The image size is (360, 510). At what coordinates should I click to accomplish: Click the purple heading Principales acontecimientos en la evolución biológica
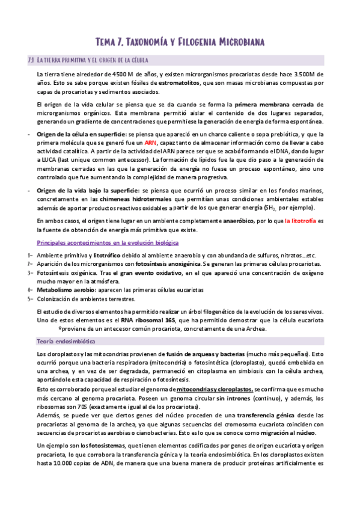(x=108, y=242)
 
